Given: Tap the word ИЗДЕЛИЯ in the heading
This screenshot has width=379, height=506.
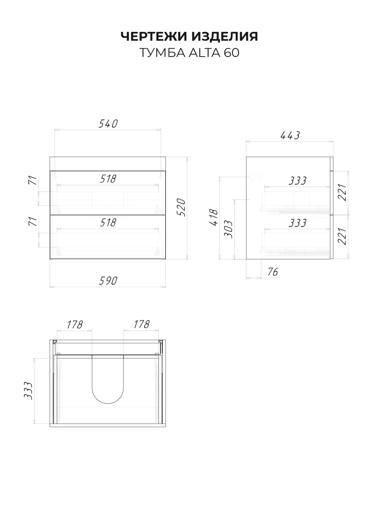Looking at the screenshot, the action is coord(225,36).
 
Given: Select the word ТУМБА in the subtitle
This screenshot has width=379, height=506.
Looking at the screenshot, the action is coord(163,53).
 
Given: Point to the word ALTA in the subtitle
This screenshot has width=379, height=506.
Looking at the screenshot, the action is coord(204,53).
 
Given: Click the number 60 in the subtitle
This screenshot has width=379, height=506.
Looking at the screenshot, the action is coord(232,53).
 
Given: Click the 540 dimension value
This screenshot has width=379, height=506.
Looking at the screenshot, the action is coord(108,124).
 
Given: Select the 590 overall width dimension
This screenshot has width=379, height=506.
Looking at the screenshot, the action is coord(108,281).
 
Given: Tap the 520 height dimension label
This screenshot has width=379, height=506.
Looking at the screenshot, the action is coord(181,207).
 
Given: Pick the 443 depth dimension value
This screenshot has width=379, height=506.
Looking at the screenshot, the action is coord(290,135).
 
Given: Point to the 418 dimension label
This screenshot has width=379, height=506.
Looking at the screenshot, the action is coord(214,217).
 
